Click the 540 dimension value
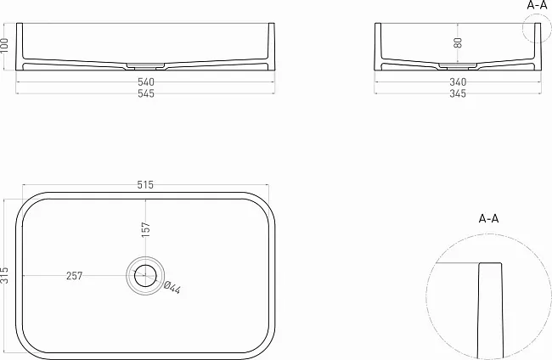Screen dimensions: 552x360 coord(146,82)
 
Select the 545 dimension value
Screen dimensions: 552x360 coord(146,93)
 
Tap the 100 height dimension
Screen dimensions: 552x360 coord(4,45)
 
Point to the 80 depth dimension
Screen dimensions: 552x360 coord(458,42)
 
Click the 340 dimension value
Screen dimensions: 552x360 coord(458,82)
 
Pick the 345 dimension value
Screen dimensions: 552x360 coord(458,93)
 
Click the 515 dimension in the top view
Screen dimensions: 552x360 coord(145,185)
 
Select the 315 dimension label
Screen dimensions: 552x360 coord(4,275)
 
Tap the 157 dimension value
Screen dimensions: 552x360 coord(146,229)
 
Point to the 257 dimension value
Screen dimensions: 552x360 coord(74,276)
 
